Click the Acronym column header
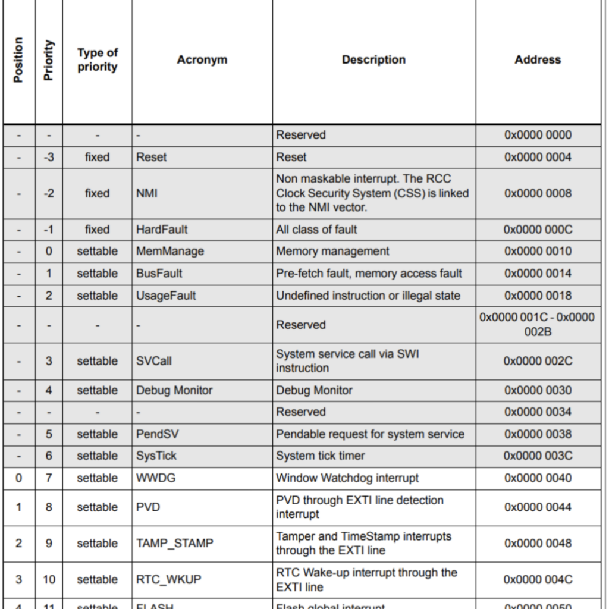[202, 60]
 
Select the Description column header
[373, 60]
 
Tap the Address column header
[538, 60]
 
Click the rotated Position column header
[18, 60]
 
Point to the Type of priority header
[98, 60]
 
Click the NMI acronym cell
[147, 193]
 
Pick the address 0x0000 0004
[538, 157]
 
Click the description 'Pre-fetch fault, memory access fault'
[369, 274]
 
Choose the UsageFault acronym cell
[166, 296]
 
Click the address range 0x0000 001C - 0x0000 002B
[538, 325]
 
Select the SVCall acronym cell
[154, 361]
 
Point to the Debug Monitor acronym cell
[174, 391]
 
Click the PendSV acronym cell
[157, 434]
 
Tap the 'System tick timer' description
[321, 456]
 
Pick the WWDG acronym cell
[156, 478]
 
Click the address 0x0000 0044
[538, 507]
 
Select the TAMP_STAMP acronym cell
[174, 544]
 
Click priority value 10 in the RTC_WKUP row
[49, 580]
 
